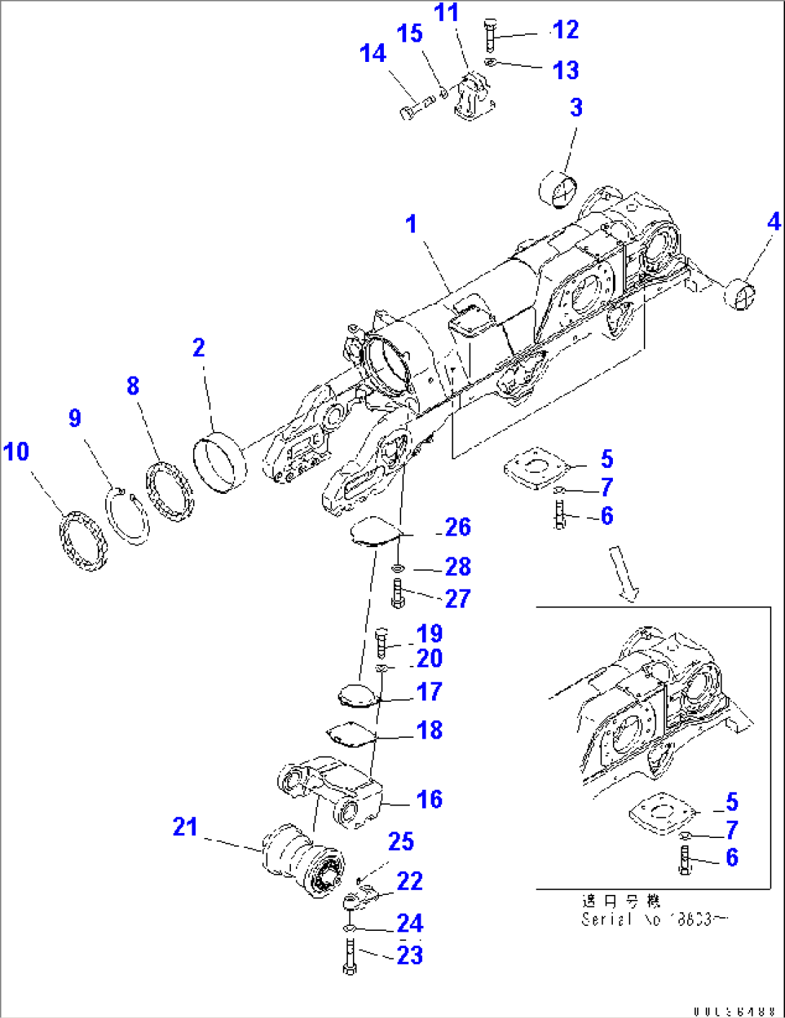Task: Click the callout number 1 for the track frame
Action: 411,225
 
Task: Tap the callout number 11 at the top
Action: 447,13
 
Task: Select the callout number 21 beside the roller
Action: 185,826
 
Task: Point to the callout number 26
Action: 458,528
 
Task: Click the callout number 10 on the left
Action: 16,452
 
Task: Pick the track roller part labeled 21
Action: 302,860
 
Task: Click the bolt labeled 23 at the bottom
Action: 350,956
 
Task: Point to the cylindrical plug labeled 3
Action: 559,189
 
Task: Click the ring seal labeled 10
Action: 82,540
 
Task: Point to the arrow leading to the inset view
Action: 624,572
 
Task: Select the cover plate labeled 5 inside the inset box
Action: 661,814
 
